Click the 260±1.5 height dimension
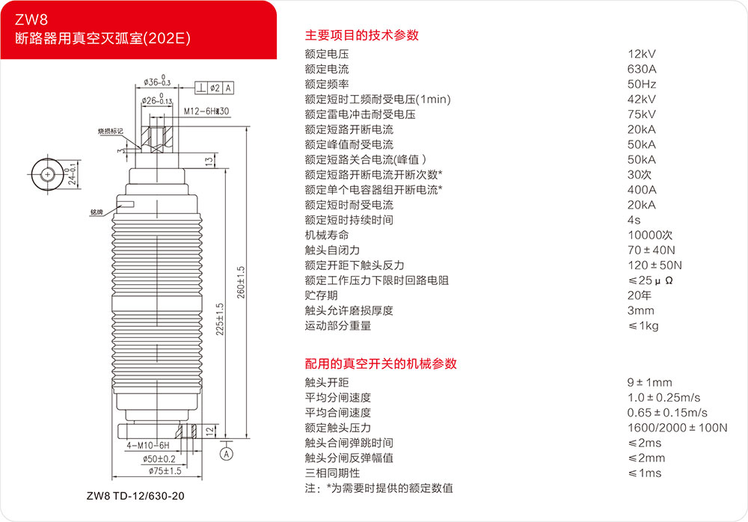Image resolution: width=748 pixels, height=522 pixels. point(241,283)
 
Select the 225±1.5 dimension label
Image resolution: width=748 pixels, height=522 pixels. point(220,319)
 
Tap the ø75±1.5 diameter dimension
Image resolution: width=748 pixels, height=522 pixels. point(165,471)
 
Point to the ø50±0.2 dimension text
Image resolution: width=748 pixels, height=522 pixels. point(159,459)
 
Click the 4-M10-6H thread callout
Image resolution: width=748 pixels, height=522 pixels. point(148,446)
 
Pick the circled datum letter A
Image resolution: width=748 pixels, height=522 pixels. point(227,454)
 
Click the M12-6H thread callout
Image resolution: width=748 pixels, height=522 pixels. point(206,111)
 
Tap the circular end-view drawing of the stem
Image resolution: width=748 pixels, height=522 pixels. point(47,175)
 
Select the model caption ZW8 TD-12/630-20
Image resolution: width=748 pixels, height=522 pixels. point(135,496)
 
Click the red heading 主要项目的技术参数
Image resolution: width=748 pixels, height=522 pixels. point(361,35)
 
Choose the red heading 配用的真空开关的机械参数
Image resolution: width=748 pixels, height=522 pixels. point(381,363)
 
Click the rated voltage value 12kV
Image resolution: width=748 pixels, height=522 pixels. point(642,54)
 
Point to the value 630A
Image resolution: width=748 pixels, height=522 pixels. point(642,70)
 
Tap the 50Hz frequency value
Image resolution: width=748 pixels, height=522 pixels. point(642,85)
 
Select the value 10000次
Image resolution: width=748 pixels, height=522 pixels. point(650,236)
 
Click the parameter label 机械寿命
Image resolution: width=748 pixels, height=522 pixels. point(327,236)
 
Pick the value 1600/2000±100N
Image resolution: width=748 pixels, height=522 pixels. point(678,428)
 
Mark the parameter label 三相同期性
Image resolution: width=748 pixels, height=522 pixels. point(333,473)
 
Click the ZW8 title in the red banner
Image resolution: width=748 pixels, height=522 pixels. point(31,19)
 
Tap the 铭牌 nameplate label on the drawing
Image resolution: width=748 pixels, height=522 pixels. point(96,212)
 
